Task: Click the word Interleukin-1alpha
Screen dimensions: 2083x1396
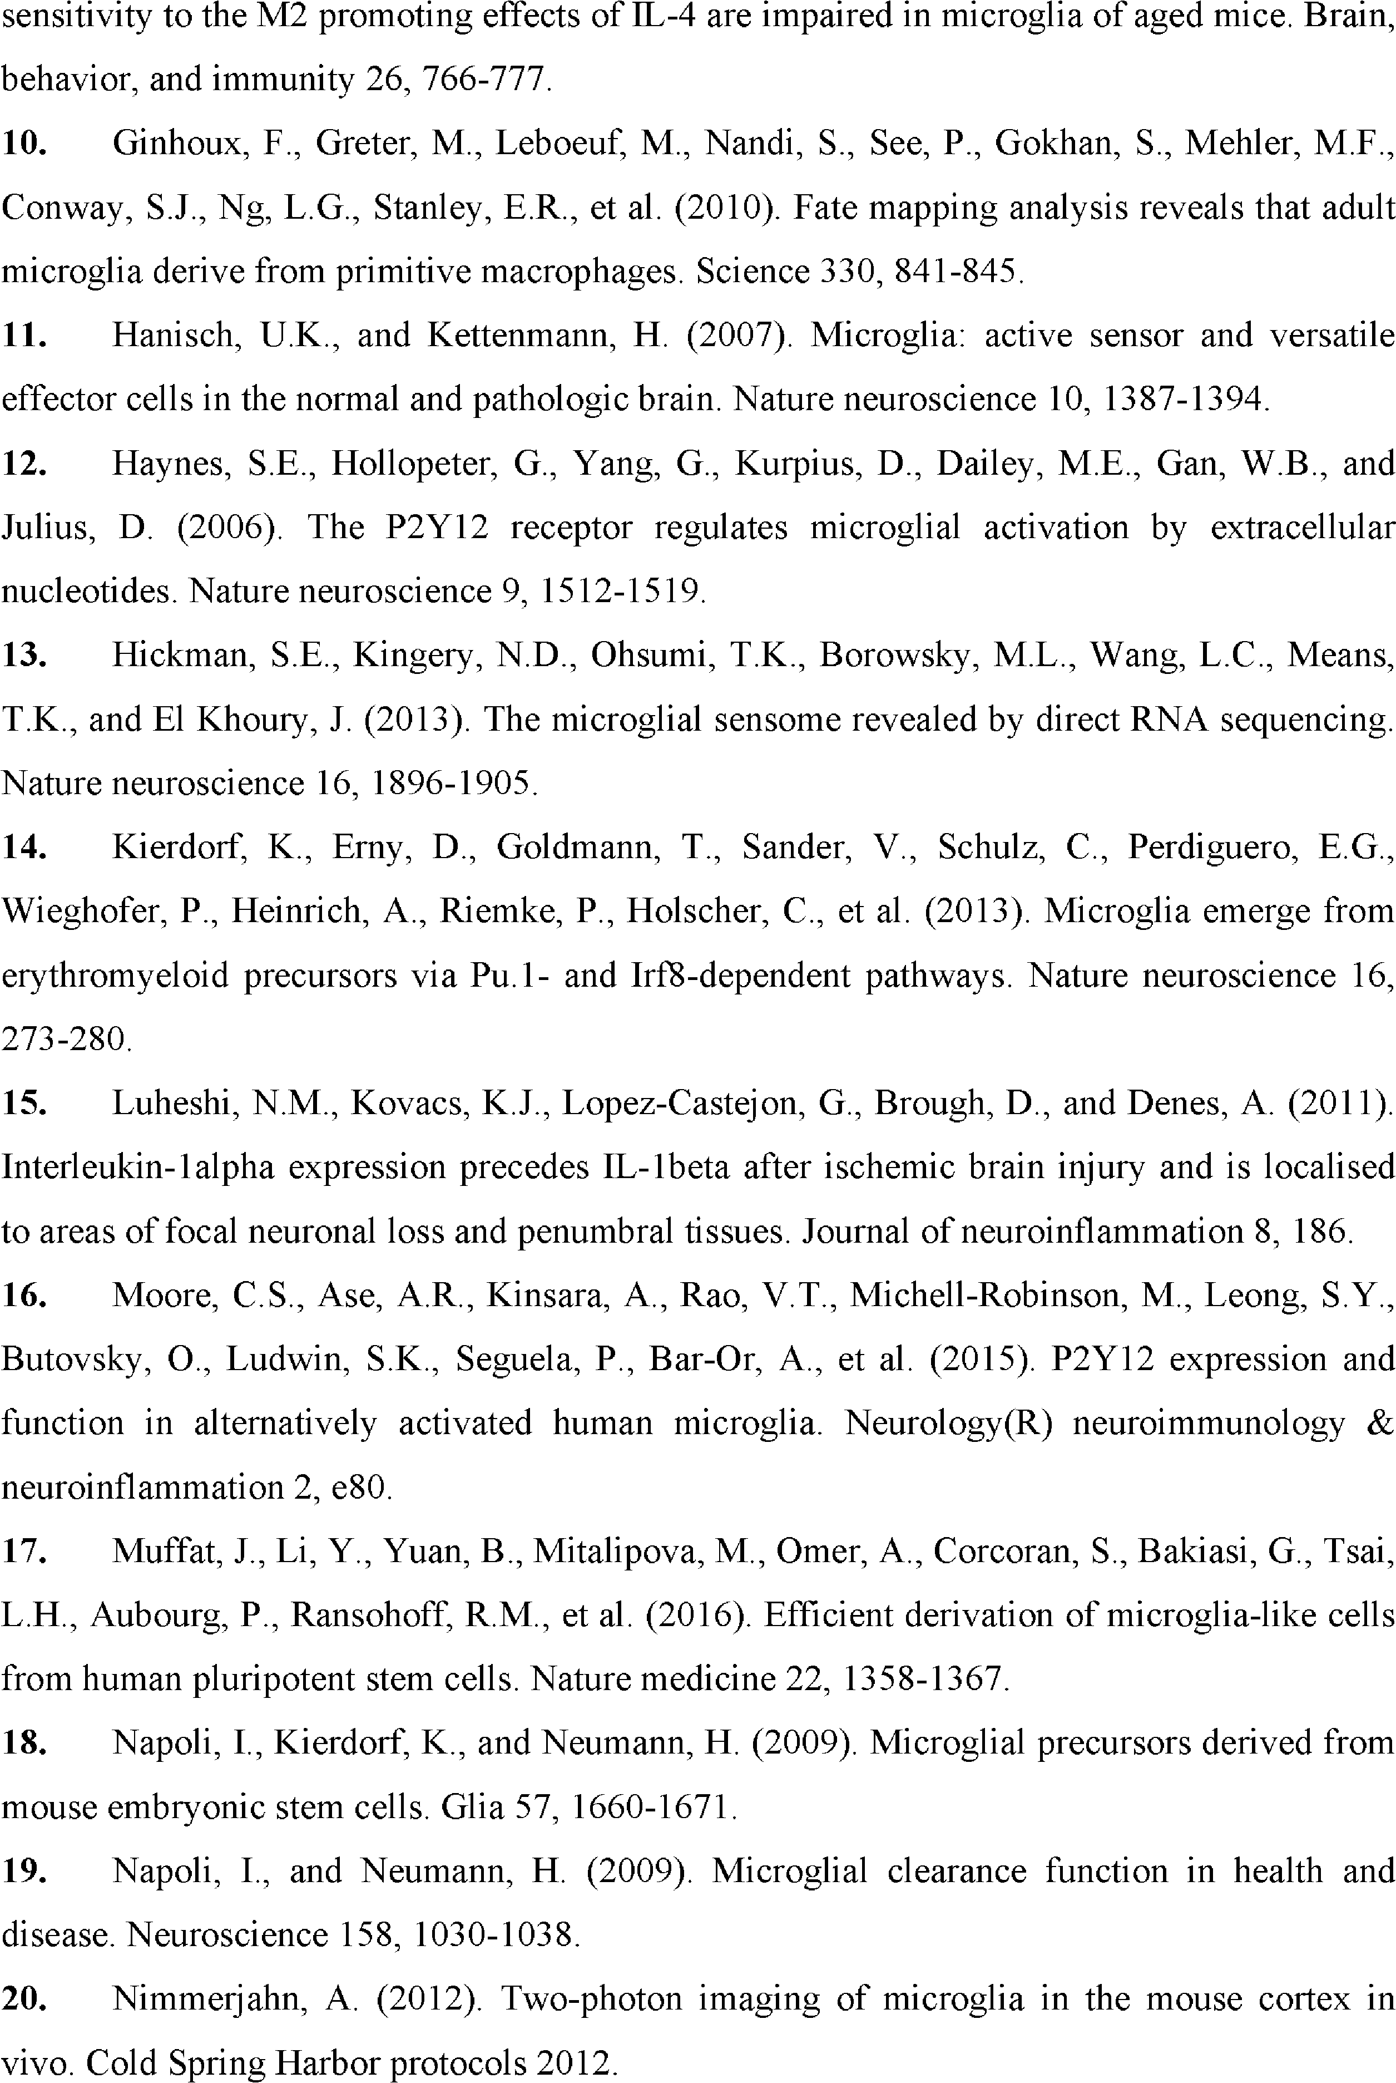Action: click(138, 1168)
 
